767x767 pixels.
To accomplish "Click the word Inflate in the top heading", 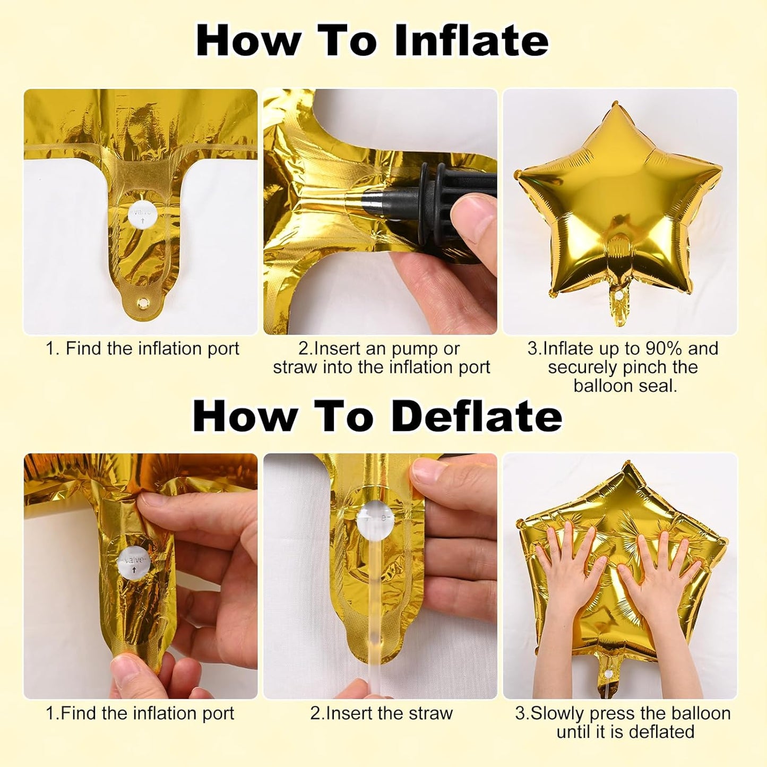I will pos(471,41).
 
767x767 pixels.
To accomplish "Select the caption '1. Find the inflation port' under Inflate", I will pos(142,349).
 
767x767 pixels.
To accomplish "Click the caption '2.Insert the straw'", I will pos(381,713).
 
